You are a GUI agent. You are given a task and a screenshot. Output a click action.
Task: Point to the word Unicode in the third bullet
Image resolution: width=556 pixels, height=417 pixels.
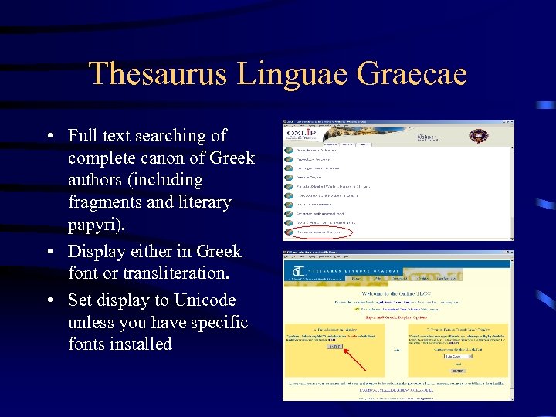point(207,300)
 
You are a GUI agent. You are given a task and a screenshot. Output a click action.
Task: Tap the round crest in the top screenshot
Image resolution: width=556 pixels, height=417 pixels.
point(478,136)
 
